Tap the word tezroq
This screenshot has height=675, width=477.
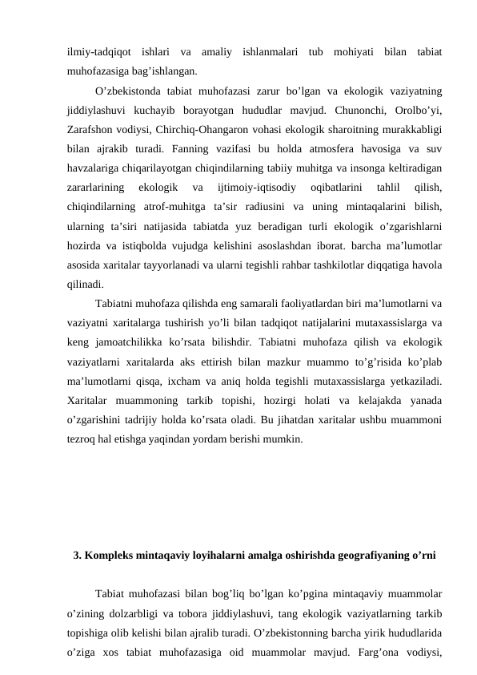[x=83, y=439]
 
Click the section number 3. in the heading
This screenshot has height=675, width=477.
[x=77, y=555]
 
